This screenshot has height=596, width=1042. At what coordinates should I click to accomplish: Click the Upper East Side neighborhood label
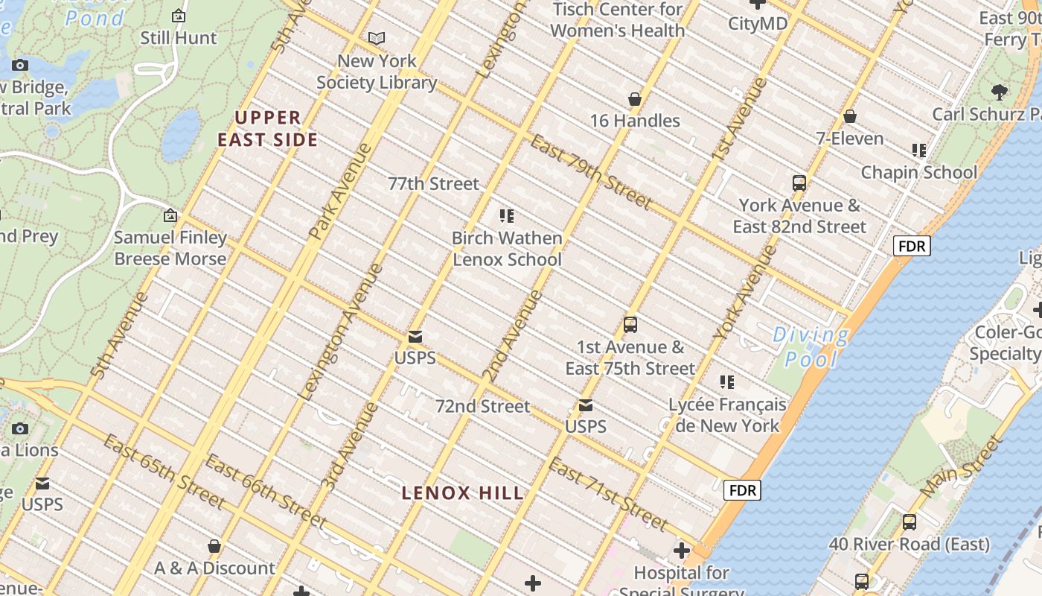click(x=268, y=128)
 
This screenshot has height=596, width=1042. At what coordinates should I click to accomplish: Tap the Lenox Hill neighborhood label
click(x=463, y=492)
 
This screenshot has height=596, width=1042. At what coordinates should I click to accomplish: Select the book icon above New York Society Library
click(x=377, y=38)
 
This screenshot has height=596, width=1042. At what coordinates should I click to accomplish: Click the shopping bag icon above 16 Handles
click(x=635, y=99)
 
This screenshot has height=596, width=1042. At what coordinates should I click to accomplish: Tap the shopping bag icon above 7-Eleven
click(x=849, y=117)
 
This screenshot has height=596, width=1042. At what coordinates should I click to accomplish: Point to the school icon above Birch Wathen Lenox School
click(x=507, y=216)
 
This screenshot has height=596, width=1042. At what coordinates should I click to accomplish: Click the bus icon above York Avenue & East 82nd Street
click(x=799, y=183)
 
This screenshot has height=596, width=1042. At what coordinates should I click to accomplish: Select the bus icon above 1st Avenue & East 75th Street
click(x=630, y=325)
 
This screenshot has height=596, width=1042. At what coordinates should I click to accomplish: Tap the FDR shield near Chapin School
click(x=912, y=246)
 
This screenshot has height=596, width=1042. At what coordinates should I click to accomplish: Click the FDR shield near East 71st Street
click(x=742, y=490)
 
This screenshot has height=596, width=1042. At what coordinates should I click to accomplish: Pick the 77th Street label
click(x=433, y=183)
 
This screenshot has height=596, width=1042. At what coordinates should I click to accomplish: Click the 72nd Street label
click(x=482, y=406)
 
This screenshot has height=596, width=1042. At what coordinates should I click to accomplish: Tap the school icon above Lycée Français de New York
click(x=727, y=382)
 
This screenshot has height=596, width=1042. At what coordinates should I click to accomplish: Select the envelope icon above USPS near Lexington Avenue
click(x=415, y=337)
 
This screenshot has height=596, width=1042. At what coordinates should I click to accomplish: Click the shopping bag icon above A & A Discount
click(x=214, y=546)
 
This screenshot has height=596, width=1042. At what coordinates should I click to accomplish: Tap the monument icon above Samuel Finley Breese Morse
click(x=170, y=216)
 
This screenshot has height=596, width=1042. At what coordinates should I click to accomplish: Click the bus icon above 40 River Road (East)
click(x=909, y=522)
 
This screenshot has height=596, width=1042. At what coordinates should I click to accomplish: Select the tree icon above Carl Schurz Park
click(x=1000, y=92)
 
